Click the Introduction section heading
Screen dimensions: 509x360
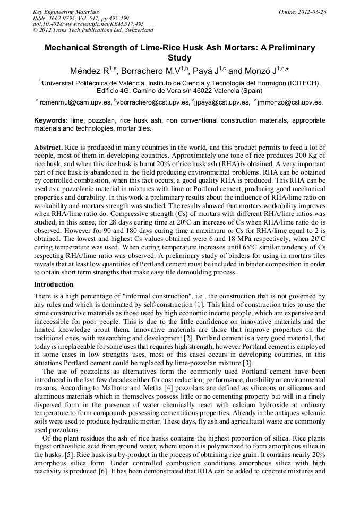(x=54, y=284)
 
